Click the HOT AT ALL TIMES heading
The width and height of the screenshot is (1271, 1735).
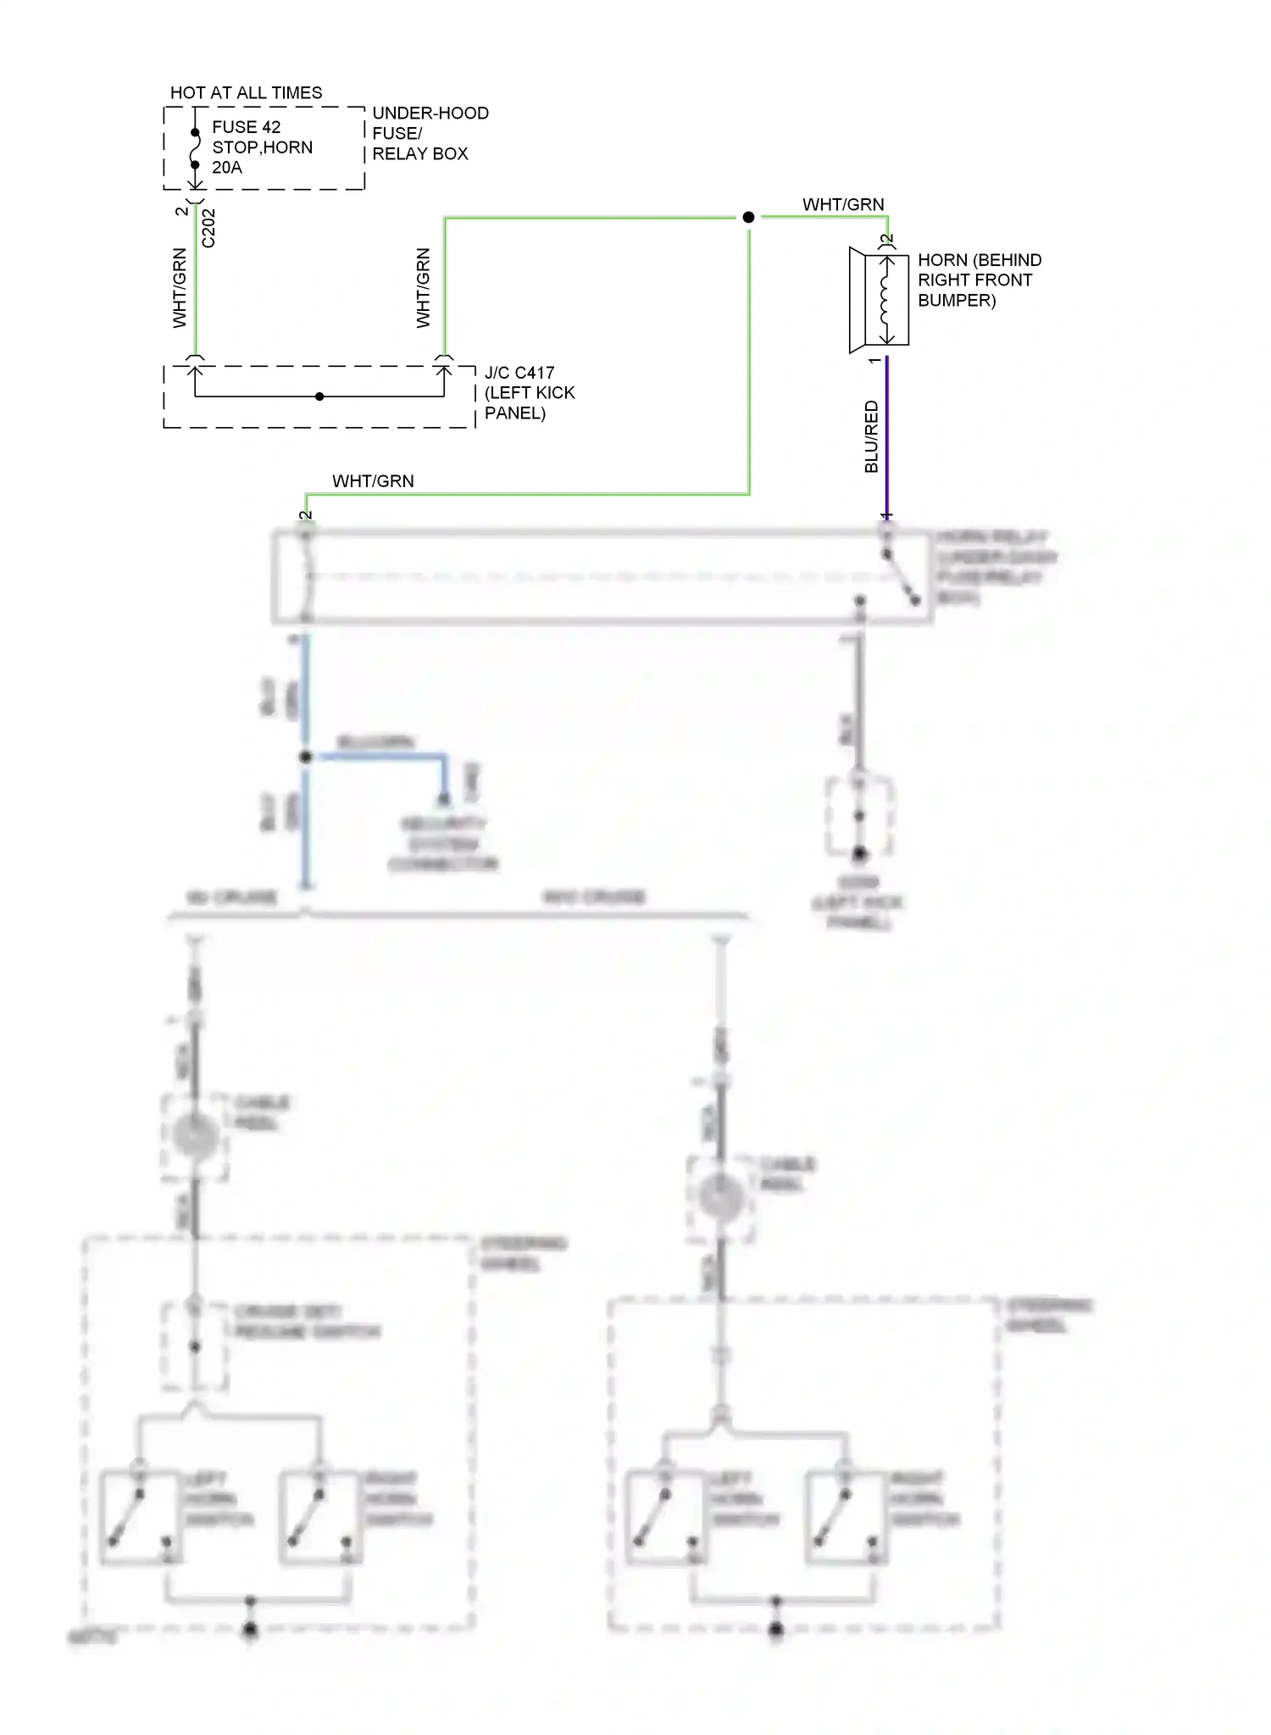[x=246, y=92]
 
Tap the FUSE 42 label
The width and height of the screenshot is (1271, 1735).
[x=246, y=127]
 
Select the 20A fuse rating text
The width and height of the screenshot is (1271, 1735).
[x=227, y=168]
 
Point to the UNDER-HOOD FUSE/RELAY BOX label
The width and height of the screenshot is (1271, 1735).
[x=430, y=133]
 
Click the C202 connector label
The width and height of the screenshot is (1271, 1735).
[x=209, y=228]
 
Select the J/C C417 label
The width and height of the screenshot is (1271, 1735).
[x=519, y=373]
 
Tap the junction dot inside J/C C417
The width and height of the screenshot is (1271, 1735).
[x=319, y=396]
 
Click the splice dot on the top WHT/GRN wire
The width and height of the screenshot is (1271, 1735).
[x=748, y=218]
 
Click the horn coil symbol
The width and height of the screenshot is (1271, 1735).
[x=885, y=300]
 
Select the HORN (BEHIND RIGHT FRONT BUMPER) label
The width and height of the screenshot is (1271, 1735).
[x=979, y=280]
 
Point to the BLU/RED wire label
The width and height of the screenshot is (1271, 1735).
[x=871, y=437]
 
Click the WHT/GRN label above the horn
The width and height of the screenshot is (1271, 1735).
[x=843, y=204]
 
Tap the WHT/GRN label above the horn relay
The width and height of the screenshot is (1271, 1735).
[x=373, y=481]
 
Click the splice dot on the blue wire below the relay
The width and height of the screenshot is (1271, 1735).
[x=306, y=757]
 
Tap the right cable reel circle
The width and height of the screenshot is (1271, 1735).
[x=721, y=1197]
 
